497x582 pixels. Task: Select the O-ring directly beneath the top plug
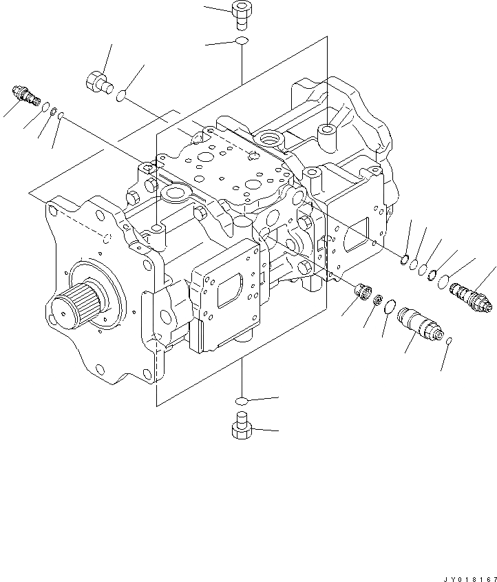[x=241, y=43]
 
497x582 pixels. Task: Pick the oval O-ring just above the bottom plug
[x=241, y=400]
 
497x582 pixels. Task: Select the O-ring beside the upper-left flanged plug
[x=122, y=96]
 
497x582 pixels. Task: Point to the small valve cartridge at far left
[x=25, y=96]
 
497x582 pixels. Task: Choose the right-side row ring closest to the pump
[x=404, y=259]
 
